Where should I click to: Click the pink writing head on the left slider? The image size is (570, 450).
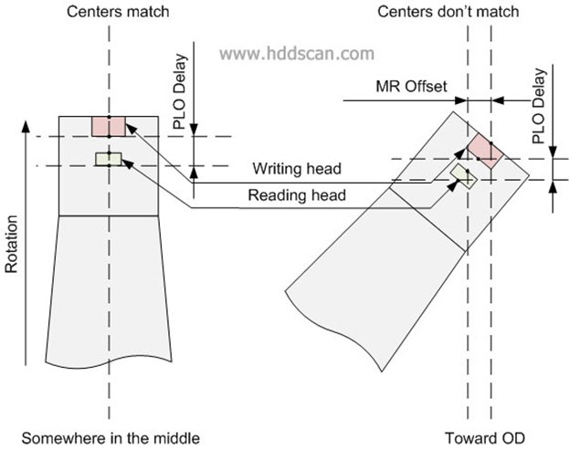[107, 126]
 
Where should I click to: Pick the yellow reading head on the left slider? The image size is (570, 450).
[107, 161]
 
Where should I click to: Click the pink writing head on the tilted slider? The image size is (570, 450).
[484, 150]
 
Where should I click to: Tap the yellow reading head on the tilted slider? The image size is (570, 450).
[463, 176]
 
